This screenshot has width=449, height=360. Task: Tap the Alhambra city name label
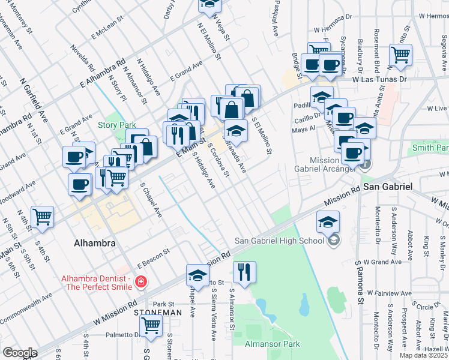click(x=93, y=244)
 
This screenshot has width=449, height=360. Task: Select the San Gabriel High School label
click(x=279, y=241)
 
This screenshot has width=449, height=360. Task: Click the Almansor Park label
click(x=272, y=344)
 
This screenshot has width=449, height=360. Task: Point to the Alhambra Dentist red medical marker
click(x=140, y=281)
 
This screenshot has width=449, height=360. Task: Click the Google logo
click(x=20, y=353)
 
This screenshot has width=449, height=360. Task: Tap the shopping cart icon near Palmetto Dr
click(x=151, y=325)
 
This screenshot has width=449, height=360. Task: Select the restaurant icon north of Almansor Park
click(x=244, y=272)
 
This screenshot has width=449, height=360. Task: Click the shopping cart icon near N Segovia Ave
click(x=400, y=55)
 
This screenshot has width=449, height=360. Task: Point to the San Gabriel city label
click(x=388, y=187)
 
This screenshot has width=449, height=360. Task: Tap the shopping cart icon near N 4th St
click(x=42, y=217)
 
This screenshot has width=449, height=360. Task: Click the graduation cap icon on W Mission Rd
click(x=197, y=275)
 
